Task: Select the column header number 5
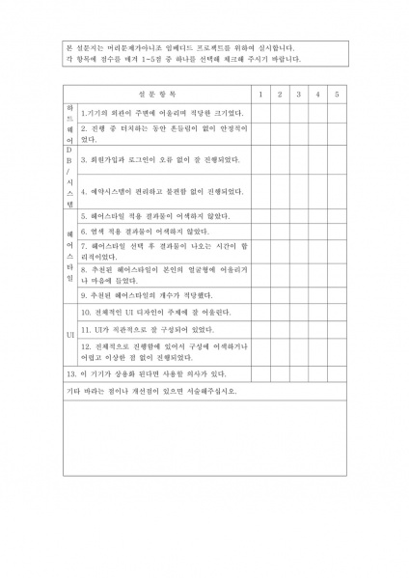point(336,94)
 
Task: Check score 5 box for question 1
point(336,111)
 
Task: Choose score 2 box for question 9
point(279,295)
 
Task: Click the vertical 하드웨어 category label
point(69,123)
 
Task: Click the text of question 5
point(155,216)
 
